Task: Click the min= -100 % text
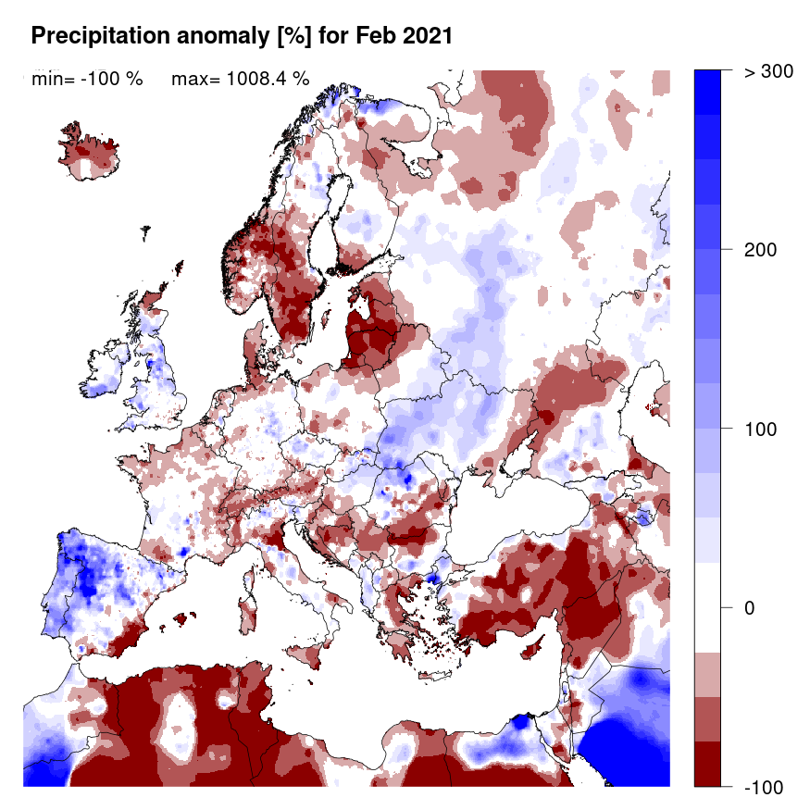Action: (x=87, y=80)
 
